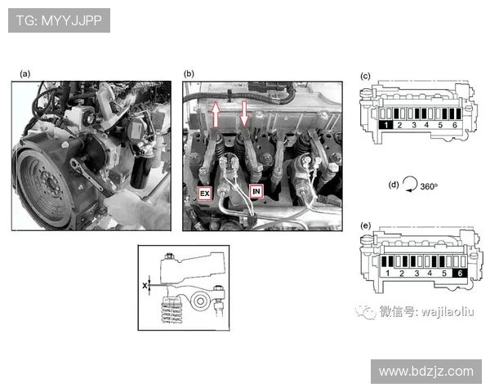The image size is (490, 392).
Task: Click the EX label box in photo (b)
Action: (x=204, y=194)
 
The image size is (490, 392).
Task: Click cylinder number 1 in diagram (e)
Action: (x=387, y=274)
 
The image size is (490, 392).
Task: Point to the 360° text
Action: (x=429, y=186)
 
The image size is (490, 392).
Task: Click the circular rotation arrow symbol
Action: (x=409, y=185)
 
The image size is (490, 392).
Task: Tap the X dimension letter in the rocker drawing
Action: (x=145, y=286)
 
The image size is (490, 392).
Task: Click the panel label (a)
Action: (x=25, y=73)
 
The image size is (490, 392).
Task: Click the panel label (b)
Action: (x=189, y=73)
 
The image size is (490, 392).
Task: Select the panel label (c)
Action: (x=366, y=77)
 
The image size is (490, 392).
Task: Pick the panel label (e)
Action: (x=366, y=224)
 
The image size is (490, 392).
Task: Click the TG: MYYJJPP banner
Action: (x=59, y=20)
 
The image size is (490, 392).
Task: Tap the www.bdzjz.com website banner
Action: (x=425, y=371)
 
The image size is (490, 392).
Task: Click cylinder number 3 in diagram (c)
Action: (x=414, y=126)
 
